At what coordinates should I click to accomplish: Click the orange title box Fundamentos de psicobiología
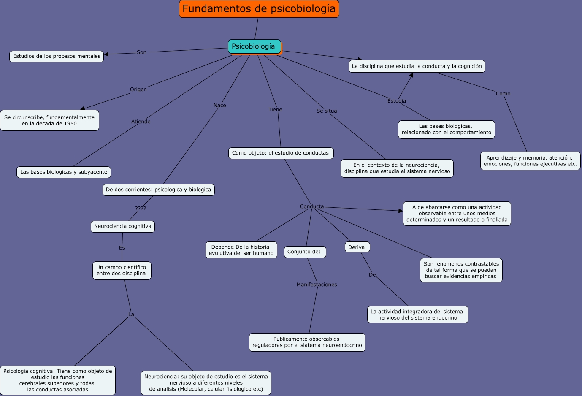(259, 9)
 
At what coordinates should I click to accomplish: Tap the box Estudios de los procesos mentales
(57, 56)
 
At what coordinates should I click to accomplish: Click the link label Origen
(138, 90)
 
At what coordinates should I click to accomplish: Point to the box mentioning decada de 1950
(49, 120)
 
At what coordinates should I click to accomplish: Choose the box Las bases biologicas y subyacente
(64, 172)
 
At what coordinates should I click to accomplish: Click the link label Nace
(220, 106)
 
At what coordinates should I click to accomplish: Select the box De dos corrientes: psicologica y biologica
(158, 190)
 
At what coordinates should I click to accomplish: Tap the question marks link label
(141, 208)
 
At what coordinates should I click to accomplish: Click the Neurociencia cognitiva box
(122, 226)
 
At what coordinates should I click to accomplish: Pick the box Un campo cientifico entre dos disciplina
(121, 270)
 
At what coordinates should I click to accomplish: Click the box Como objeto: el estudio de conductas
(280, 153)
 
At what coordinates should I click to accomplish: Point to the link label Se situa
(327, 111)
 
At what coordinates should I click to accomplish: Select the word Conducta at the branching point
(312, 206)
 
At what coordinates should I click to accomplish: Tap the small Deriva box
(357, 247)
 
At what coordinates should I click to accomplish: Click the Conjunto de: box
(304, 252)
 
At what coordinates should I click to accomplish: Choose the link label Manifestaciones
(317, 285)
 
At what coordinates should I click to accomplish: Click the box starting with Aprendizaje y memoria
(530, 161)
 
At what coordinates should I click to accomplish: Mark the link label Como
(503, 94)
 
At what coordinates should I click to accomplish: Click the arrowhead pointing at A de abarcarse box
(401, 211)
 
